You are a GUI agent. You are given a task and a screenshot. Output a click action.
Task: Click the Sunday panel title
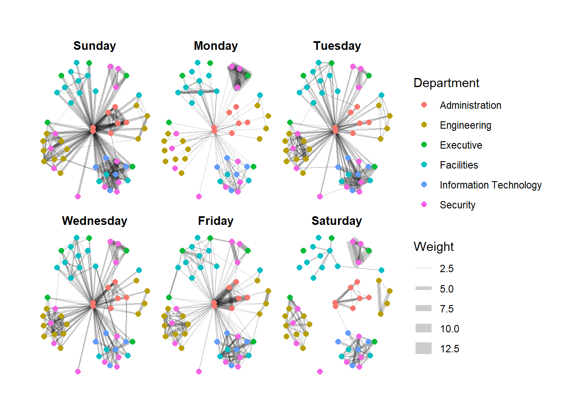tap(95, 46)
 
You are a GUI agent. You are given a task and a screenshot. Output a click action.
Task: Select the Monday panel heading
tap(216, 46)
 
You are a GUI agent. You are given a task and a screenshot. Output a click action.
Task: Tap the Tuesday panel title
tap(337, 46)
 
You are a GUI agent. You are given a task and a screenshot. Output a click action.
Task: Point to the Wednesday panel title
tap(95, 221)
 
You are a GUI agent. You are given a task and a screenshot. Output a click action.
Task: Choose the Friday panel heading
tap(216, 221)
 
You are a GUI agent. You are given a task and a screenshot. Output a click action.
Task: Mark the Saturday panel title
tap(337, 221)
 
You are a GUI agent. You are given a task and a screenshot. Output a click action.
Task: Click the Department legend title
tap(446, 83)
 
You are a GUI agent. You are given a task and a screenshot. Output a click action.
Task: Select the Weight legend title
tap(434, 247)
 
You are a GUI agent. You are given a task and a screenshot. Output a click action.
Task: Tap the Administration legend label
tap(470, 105)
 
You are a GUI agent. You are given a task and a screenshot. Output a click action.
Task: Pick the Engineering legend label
tap(465, 125)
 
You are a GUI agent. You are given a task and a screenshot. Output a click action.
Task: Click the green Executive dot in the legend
tap(424, 145)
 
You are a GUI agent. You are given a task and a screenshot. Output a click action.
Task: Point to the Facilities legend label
tap(459, 165)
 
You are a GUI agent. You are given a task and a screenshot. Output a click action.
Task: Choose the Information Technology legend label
tap(491, 185)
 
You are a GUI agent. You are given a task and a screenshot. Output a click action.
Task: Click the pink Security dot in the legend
tap(424, 205)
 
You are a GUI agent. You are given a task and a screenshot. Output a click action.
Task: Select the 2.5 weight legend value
tap(446, 269)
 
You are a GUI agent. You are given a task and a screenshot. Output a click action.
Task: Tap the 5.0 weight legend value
tap(446, 289)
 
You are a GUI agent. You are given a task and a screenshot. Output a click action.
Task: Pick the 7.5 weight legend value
tap(446, 309)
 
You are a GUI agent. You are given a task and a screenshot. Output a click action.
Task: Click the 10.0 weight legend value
tap(449, 329)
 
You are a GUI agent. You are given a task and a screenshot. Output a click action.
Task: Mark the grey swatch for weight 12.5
tap(423, 348)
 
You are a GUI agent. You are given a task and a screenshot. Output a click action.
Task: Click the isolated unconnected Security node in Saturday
tap(320, 371)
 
